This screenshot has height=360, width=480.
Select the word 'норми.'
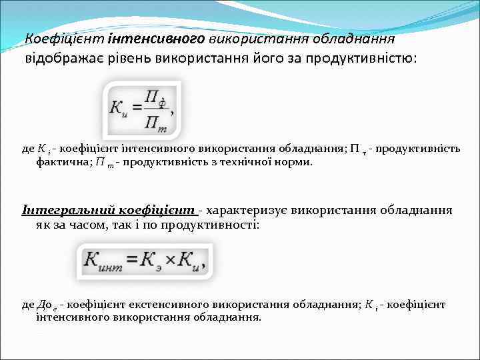point(293,161)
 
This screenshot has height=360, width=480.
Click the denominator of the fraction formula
point(157,121)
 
